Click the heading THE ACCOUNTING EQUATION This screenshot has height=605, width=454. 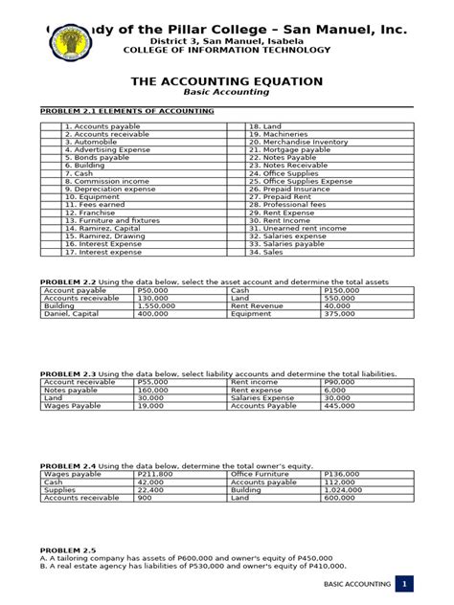tap(226, 81)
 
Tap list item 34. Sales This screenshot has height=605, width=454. tap(267, 252)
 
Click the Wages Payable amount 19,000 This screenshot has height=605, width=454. tap(152, 406)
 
